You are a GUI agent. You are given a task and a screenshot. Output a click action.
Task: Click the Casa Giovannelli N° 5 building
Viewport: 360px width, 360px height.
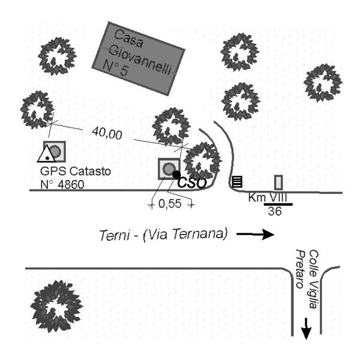[136, 58]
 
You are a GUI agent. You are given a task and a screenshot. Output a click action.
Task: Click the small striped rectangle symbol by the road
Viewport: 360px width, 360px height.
[237, 181]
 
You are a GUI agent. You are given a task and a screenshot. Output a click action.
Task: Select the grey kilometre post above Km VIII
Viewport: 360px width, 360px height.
[278, 182]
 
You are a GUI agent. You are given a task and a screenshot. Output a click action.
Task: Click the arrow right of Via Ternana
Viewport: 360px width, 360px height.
[254, 234]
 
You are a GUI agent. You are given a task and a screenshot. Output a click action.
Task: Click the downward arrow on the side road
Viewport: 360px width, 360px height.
[306, 329]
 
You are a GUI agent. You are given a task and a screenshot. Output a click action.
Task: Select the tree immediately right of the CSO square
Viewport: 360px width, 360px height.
[202, 161]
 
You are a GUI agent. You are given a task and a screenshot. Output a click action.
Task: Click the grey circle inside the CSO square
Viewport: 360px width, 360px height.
[169, 168]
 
